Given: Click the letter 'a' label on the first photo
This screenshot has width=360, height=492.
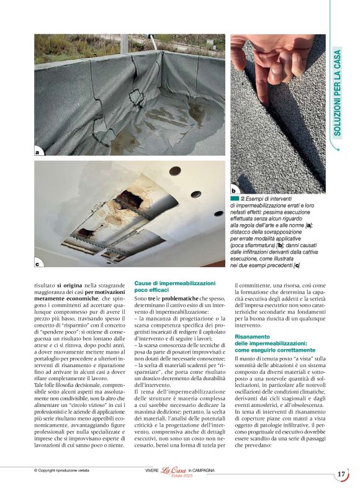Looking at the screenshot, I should (x=37, y=152).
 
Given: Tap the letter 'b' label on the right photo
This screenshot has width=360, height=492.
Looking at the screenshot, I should (x=234, y=190).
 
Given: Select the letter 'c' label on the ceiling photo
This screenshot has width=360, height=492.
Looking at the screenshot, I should (x=37, y=264).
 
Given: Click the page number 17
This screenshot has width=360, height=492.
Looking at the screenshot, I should (x=341, y=475).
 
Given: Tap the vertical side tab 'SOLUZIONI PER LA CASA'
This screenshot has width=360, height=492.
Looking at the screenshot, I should (x=346, y=93).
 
